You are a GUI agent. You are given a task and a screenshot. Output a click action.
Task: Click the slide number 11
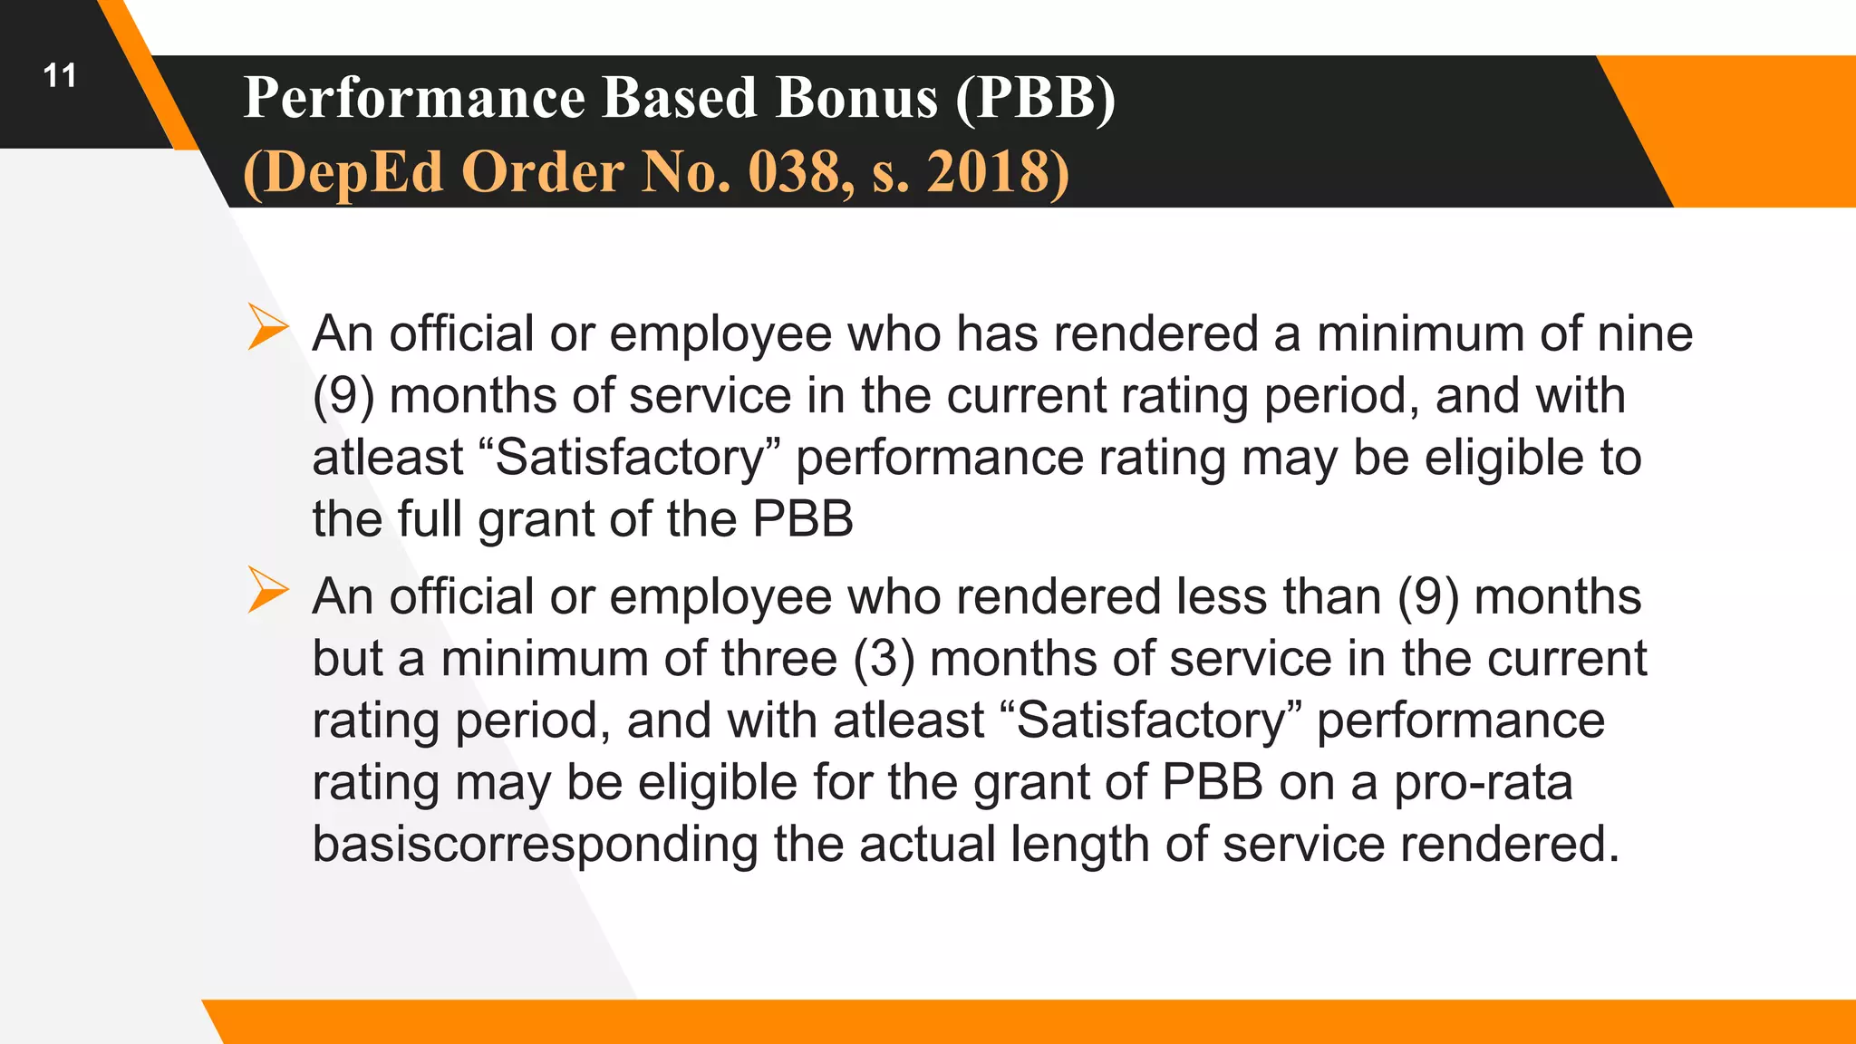[60, 76]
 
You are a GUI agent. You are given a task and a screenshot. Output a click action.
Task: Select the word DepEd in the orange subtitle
[354, 172]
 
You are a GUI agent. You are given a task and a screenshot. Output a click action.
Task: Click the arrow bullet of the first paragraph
[267, 327]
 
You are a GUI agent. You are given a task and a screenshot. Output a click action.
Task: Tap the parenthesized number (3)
[884, 659]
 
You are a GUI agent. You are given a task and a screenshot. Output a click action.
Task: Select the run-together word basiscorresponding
[535, 845]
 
